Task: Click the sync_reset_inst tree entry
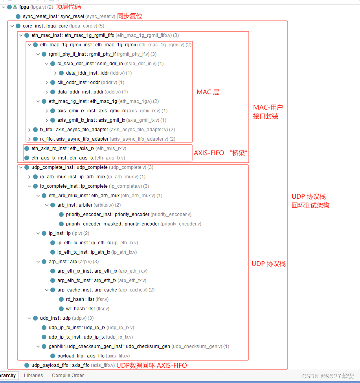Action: (x=53, y=16)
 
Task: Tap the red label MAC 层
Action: (x=208, y=92)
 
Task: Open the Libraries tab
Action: (x=33, y=375)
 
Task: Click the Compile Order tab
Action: (x=68, y=375)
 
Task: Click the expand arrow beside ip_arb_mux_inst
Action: (x=29, y=177)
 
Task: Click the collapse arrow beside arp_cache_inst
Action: (x=47, y=290)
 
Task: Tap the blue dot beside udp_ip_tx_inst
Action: (x=44, y=337)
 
